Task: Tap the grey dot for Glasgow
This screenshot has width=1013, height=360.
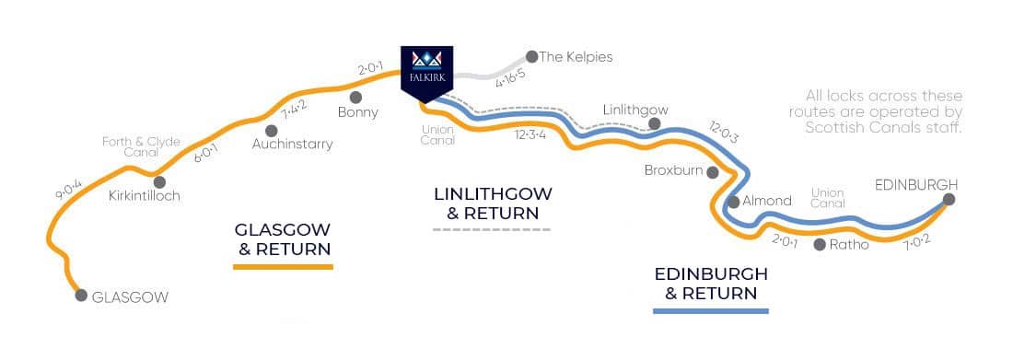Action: point(81,296)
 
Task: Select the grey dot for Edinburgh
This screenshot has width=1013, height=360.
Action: point(949,198)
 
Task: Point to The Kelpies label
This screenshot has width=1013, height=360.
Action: point(576,57)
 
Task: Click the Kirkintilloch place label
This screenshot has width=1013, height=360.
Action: point(144,196)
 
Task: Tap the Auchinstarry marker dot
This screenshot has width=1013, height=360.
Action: point(272,130)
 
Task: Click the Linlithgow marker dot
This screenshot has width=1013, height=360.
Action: point(654,123)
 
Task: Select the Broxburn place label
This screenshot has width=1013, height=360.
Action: point(672,171)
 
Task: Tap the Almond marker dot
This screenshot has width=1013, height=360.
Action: point(733,201)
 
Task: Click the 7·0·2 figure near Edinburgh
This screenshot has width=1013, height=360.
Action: point(918,242)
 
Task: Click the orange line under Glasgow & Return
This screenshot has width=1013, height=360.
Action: point(283,266)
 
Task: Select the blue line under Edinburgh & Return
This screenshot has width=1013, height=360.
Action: point(710,311)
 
